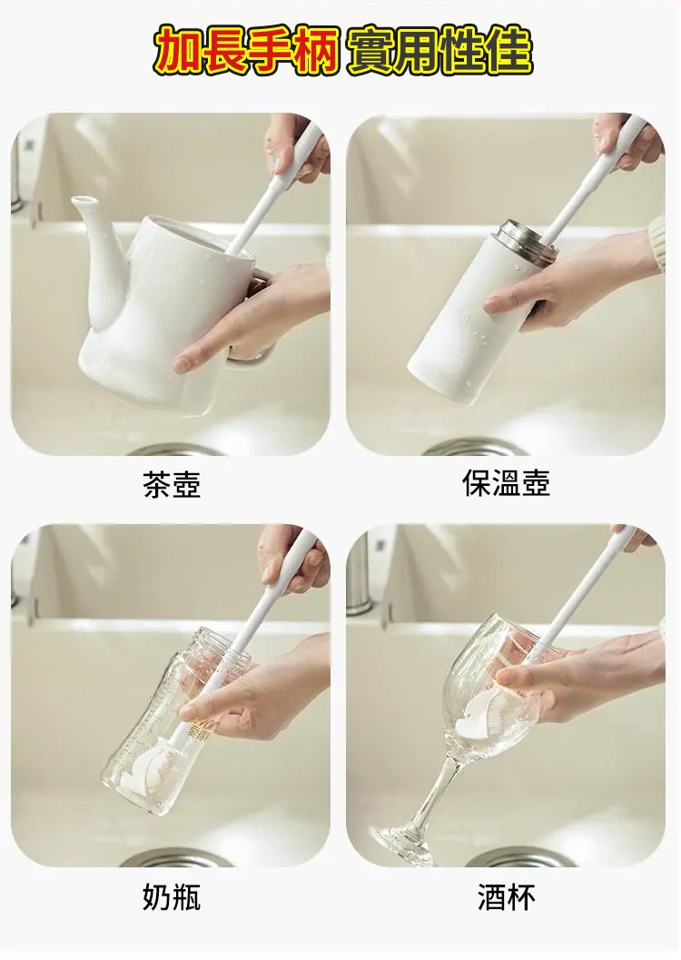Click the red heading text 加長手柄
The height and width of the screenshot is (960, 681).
point(246,50)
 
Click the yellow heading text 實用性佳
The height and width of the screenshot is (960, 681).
point(439,50)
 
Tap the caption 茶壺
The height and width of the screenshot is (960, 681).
point(172,484)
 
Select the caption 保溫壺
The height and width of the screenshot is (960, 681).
point(506,483)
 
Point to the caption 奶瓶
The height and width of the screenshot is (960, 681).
point(172,897)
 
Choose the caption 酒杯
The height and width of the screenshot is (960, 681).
point(506,897)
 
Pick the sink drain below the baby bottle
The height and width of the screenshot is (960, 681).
point(176,857)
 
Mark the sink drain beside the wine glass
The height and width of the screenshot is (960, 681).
point(520,857)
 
